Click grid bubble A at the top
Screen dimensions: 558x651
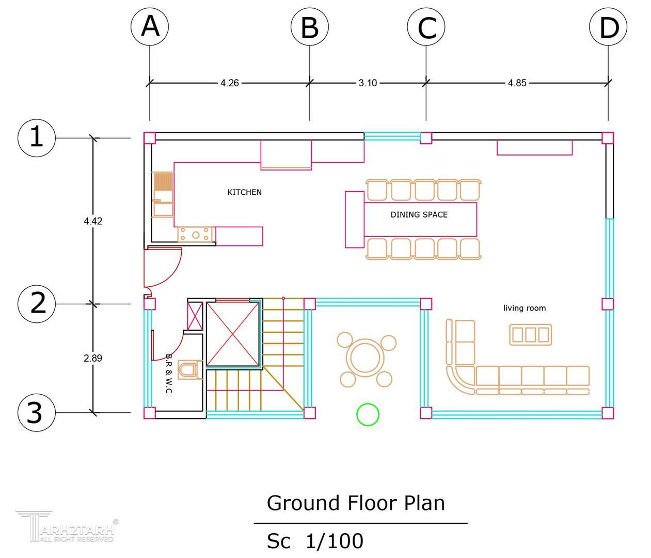tap(150, 26)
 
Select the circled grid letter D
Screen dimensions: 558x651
tap(608, 26)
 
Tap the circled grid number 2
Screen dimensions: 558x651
tap(37, 303)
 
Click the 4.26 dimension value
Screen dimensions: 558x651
tap(229, 83)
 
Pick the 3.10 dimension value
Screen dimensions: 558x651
tap(368, 83)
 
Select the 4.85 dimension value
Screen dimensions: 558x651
tap(517, 83)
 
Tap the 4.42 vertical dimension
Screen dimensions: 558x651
tap(93, 221)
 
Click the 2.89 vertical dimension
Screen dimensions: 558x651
tap(93, 358)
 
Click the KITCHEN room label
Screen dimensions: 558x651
tap(245, 192)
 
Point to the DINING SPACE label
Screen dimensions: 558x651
tap(419, 214)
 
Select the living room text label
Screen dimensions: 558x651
tap(525, 308)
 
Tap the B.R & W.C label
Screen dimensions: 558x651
tap(169, 374)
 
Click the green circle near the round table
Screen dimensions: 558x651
tap(368, 414)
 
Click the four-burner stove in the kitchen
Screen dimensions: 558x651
tap(196, 235)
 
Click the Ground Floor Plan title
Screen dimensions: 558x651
tap(356, 503)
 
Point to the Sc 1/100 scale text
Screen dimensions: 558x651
tap(315, 541)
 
